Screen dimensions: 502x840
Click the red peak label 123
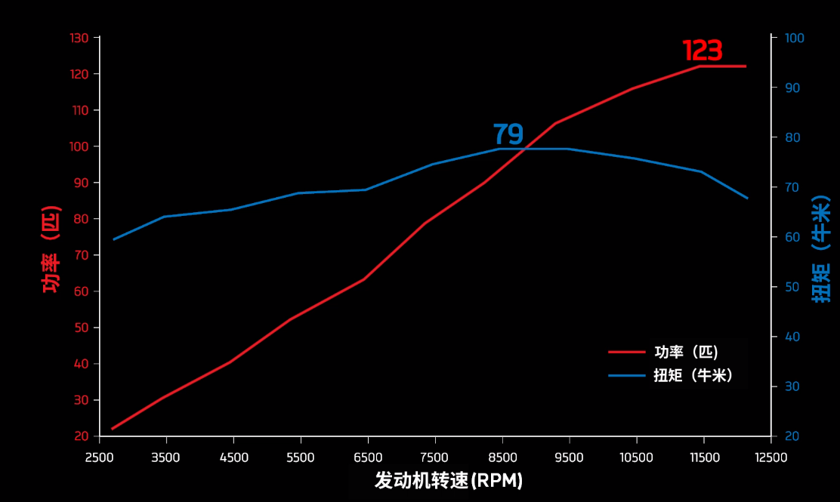[703, 51]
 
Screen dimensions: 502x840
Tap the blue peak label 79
[508, 134]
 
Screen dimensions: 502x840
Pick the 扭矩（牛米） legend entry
[693, 375]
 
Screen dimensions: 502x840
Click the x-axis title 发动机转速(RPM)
[449, 481]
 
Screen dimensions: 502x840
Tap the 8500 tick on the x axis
[502, 457]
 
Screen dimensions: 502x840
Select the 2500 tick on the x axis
[99, 457]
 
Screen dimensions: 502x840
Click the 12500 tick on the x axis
[771, 457]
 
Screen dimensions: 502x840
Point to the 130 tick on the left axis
[79, 38]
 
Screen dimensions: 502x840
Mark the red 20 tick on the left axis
[82, 436]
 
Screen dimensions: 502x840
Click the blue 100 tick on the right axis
[794, 38]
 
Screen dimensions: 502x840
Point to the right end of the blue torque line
[747, 198]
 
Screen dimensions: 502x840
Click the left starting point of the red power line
[113, 429]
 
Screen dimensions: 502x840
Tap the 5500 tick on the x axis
[301, 457]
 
